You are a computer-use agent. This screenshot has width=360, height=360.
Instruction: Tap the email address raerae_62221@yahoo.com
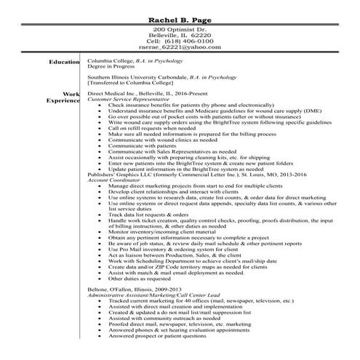179,48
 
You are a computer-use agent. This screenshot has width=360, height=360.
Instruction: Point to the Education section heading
63,62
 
